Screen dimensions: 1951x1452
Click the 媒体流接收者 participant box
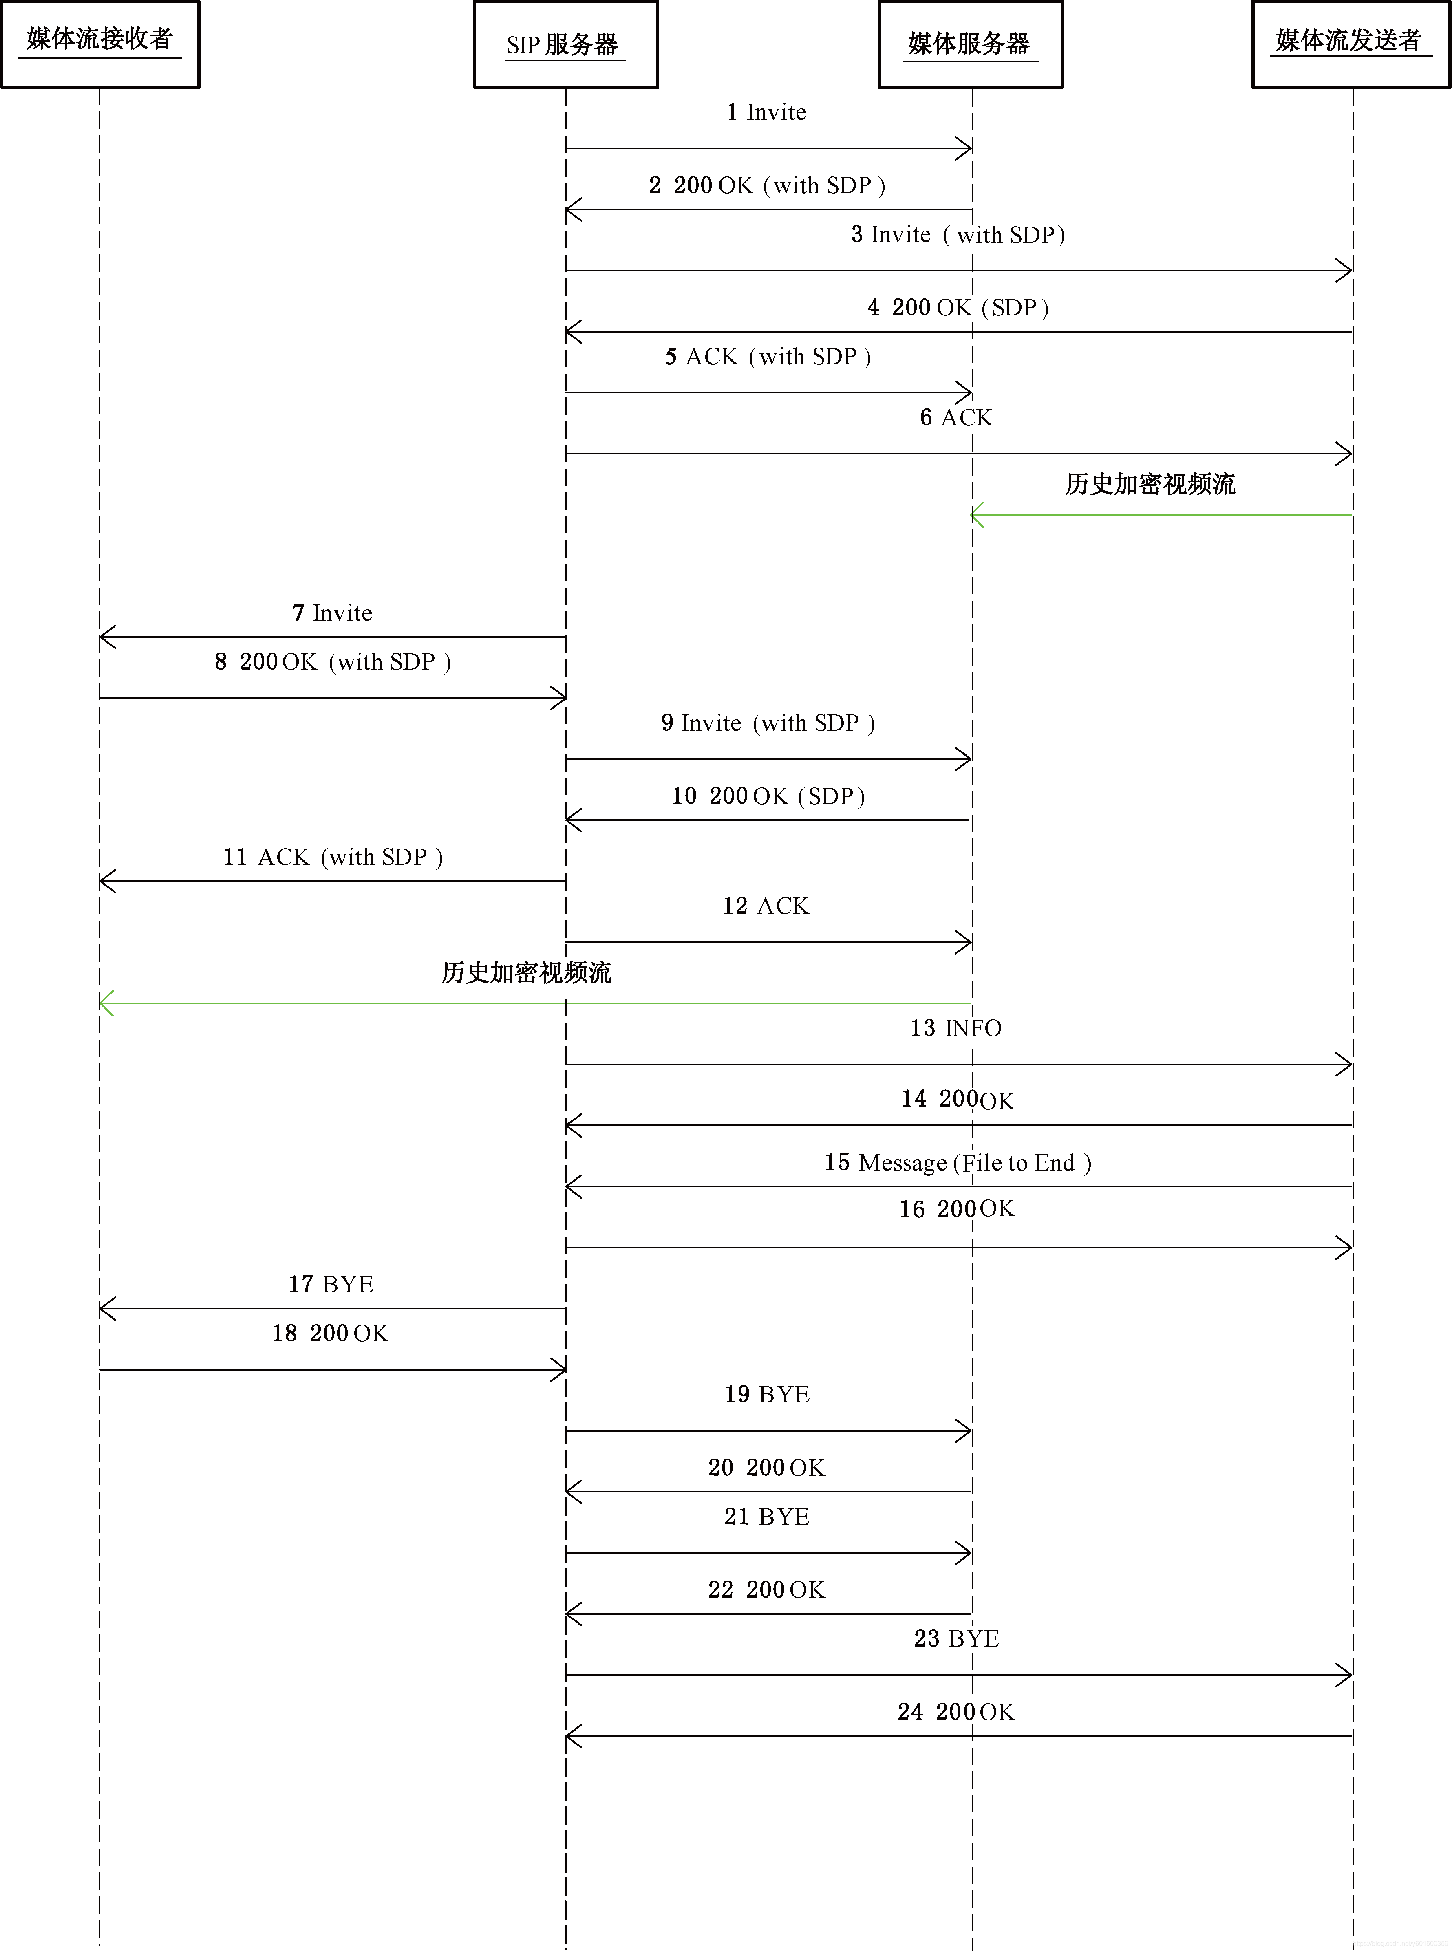(100, 44)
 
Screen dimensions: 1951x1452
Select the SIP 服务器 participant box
(565, 44)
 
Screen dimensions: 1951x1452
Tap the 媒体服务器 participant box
(970, 44)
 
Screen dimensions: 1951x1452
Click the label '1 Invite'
(766, 112)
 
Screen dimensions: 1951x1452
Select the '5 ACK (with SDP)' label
(767, 357)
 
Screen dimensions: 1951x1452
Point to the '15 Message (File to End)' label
(957, 1163)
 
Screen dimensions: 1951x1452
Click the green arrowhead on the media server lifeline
(977, 515)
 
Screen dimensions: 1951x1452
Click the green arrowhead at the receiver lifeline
(106, 1003)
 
